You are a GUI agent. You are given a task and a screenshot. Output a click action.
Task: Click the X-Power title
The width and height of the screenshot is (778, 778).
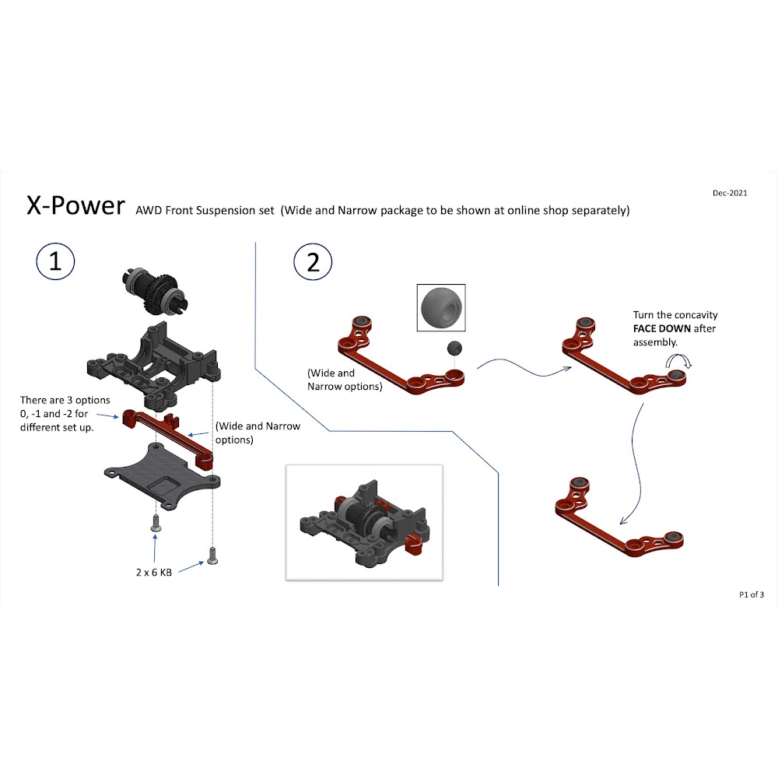[75, 205]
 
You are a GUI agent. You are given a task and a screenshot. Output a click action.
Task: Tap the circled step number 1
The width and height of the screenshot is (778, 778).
[55, 262]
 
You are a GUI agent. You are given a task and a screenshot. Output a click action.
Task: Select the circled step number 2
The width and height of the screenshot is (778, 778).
[313, 262]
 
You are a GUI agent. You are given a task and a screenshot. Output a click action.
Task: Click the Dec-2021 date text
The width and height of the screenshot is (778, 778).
[730, 193]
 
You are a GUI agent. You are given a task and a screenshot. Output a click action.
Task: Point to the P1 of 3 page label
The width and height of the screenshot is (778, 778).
[752, 595]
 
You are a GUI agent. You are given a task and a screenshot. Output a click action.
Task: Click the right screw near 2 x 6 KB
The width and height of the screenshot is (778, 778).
[212, 555]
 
